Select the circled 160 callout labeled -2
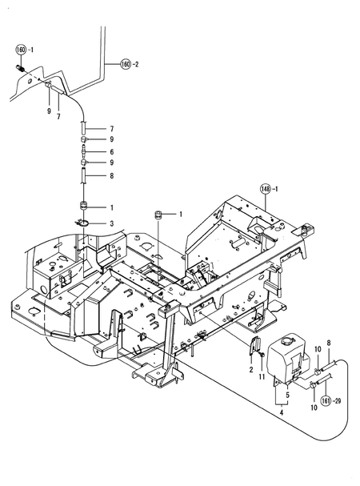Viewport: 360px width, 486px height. coord(126,64)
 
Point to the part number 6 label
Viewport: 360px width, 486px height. coord(112,151)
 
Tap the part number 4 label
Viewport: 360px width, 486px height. coord(281,414)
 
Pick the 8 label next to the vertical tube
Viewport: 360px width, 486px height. coord(112,175)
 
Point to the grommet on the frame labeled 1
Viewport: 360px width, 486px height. coord(158,214)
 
